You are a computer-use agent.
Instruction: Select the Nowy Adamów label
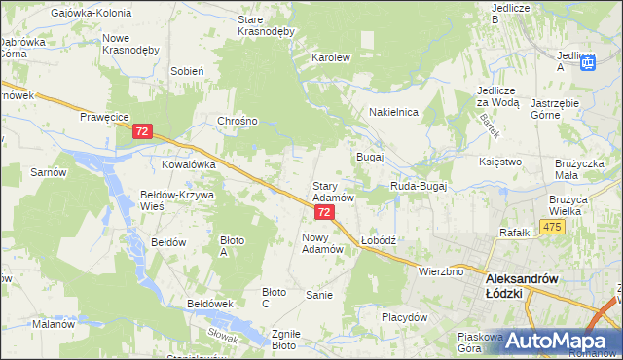coord(324,243)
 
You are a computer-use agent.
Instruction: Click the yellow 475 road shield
coord(553,227)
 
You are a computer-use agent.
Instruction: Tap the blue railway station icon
coord(588,63)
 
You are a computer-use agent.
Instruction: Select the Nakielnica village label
coord(393,113)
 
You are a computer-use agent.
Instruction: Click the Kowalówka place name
coord(188,165)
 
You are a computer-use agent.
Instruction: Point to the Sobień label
coord(187,71)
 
